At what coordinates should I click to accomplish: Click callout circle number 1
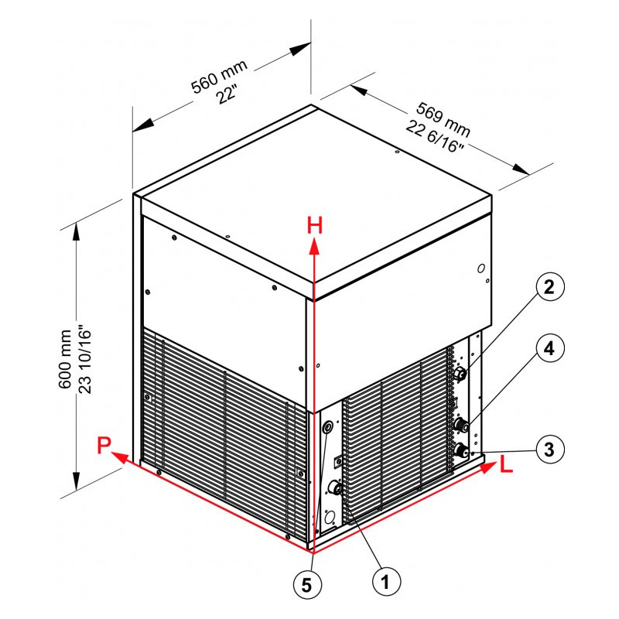(x=386, y=581)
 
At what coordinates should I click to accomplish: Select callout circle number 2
(x=549, y=287)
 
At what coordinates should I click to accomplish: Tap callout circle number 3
(x=549, y=450)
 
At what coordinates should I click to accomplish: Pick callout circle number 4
(x=549, y=349)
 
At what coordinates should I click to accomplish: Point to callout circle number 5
(x=306, y=585)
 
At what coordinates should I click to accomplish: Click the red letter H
(x=315, y=226)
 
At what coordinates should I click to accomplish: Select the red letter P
(x=104, y=446)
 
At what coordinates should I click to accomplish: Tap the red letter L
(x=506, y=465)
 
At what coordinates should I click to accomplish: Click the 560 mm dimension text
(x=219, y=77)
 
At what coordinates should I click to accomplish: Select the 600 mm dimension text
(x=65, y=359)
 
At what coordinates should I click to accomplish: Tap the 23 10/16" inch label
(x=85, y=359)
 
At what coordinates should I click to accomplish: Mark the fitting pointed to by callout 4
(x=460, y=426)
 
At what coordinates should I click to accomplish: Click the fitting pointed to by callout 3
(x=460, y=450)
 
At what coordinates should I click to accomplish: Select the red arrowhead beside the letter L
(x=488, y=467)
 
